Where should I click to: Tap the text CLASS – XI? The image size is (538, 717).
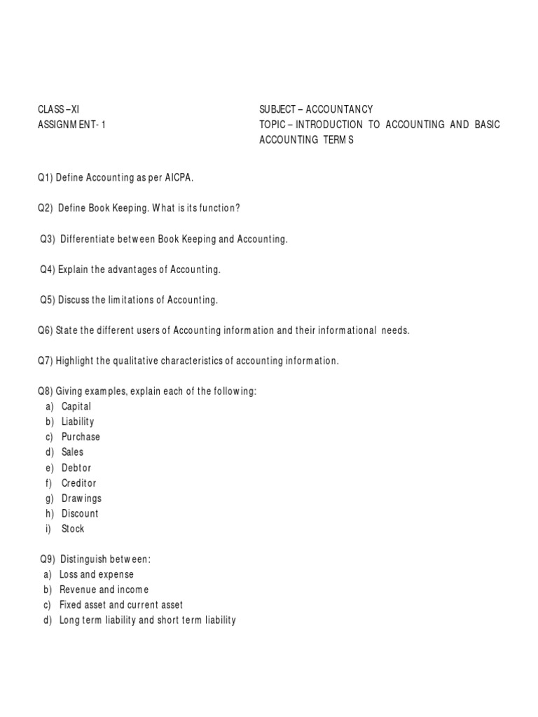click(x=58, y=109)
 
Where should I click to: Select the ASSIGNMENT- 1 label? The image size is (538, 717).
click(x=71, y=125)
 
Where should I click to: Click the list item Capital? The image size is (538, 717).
click(x=76, y=406)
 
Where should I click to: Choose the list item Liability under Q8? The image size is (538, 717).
click(x=78, y=422)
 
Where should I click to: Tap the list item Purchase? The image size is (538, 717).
click(x=81, y=437)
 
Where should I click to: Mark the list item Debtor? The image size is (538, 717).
click(x=76, y=468)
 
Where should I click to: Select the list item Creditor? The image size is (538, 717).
click(x=79, y=483)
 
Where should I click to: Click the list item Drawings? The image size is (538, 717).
click(x=81, y=499)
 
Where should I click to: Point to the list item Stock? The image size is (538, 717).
click(x=73, y=529)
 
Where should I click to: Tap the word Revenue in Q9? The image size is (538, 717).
click(x=77, y=590)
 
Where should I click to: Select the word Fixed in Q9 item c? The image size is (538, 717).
click(x=71, y=605)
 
